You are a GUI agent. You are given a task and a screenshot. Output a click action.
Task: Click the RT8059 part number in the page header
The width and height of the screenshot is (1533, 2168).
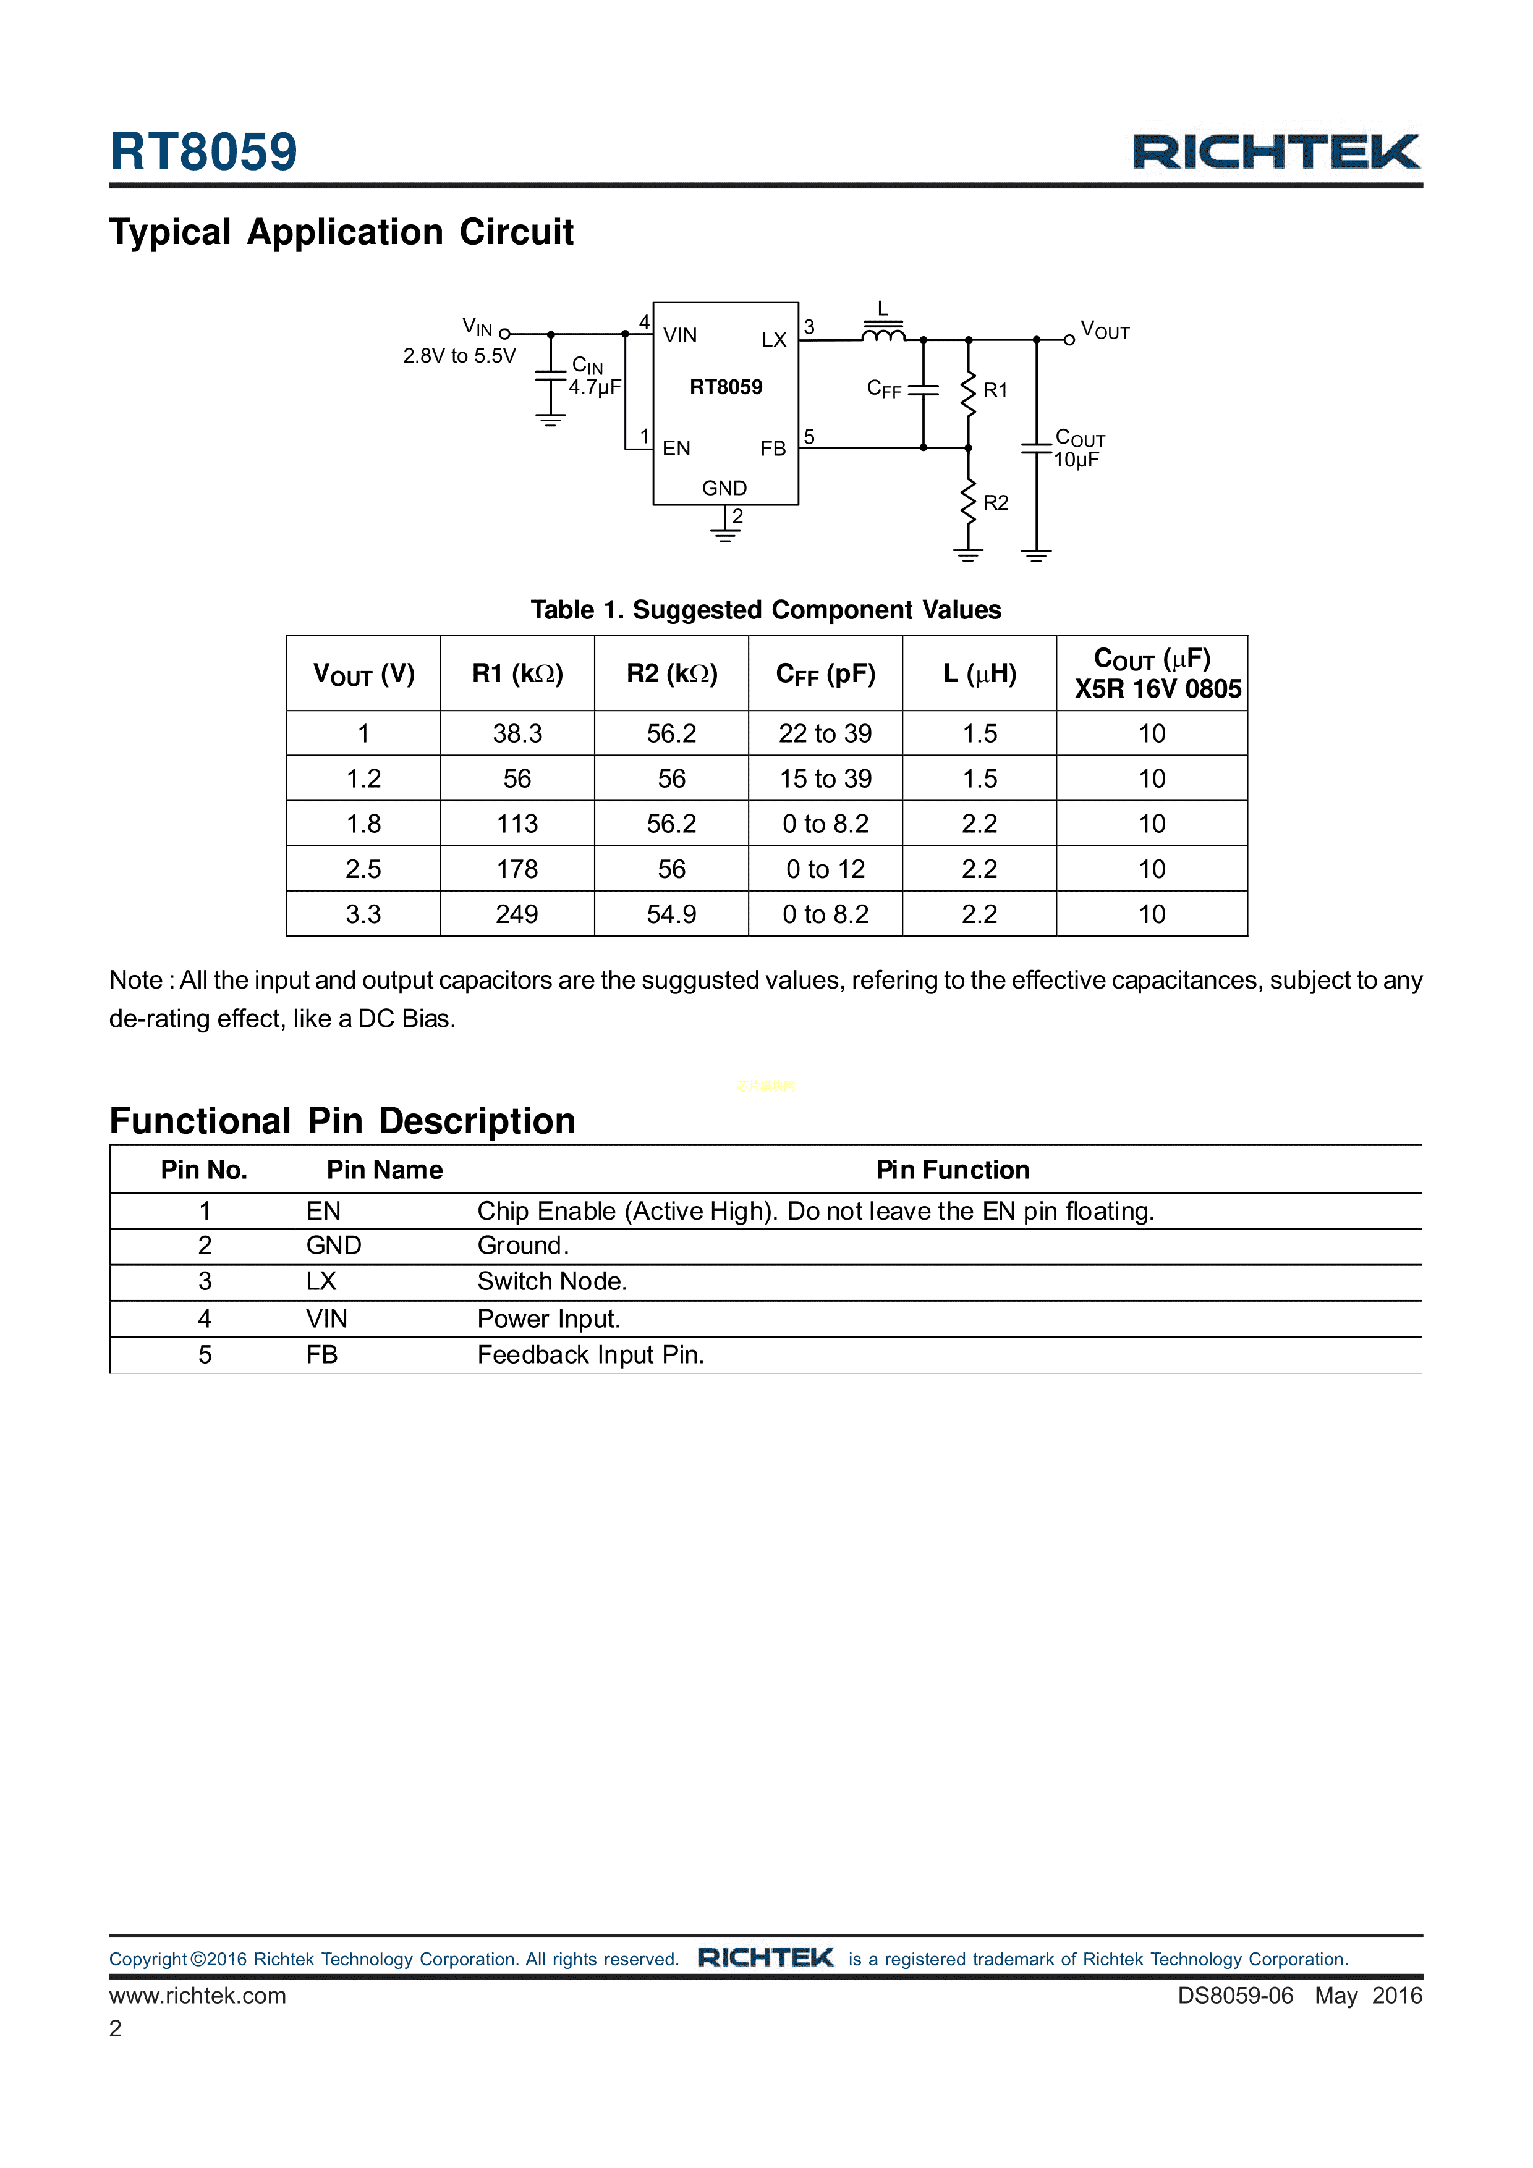pos(203,151)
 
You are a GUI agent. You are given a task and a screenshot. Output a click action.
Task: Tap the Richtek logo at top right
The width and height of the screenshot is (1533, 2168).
pos(1276,152)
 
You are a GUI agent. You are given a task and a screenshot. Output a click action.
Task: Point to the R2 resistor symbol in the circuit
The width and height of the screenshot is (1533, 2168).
pos(968,502)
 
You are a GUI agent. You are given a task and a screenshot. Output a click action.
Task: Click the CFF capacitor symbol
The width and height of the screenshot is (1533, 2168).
pos(923,389)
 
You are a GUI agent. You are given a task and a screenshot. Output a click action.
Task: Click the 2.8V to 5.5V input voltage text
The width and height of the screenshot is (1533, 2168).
pos(459,356)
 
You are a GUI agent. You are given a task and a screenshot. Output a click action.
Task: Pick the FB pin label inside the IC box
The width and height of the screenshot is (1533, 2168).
pos(773,449)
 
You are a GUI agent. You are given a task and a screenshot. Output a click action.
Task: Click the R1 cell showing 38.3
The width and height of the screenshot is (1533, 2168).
pos(517,733)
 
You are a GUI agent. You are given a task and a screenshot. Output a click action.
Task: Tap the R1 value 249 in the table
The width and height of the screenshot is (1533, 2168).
pos(517,914)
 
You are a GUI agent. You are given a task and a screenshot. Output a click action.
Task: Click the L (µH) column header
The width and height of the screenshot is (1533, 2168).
pos(980,673)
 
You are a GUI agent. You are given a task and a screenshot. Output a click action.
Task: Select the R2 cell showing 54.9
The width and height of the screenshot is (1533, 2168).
pos(671,914)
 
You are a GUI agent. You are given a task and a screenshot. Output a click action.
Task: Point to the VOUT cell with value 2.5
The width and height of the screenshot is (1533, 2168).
pos(363,869)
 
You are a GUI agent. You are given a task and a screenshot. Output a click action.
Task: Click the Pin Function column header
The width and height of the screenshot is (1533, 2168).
pos(952,1170)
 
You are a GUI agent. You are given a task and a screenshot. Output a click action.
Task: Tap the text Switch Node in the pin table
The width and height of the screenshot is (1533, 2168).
pos(551,1281)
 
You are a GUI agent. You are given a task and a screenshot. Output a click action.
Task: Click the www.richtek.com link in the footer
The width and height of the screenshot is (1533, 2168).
pos(197,1995)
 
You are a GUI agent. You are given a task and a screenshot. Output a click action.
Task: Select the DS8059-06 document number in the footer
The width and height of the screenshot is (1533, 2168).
pos(1234,1995)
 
